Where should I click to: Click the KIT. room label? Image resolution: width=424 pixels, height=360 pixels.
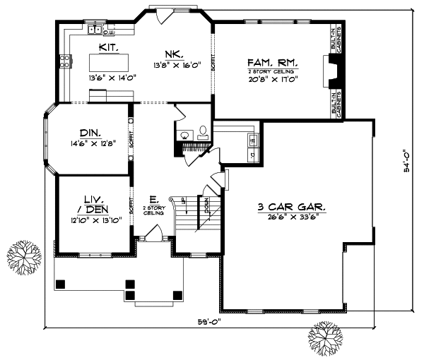(x=108, y=47)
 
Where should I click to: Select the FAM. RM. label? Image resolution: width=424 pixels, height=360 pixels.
(x=272, y=62)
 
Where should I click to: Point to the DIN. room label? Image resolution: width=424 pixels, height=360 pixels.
(x=90, y=133)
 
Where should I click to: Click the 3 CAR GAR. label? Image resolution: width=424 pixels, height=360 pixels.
(x=291, y=207)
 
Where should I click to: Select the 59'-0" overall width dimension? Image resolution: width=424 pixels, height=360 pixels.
(x=209, y=324)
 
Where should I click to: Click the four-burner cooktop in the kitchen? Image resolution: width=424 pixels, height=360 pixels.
(x=64, y=61)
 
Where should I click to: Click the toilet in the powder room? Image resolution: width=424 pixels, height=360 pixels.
(x=202, y=131)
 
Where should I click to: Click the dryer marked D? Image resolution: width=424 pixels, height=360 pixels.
(x=252, y=152)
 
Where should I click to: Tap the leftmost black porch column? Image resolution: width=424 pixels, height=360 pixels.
(x=61, y=284)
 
